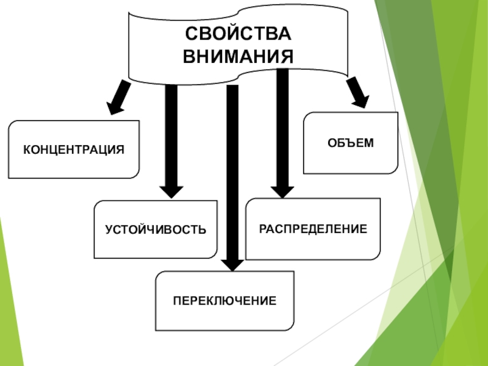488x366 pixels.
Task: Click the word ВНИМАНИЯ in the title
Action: pos(238,56)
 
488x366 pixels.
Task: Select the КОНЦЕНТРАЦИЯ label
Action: pos(74,149)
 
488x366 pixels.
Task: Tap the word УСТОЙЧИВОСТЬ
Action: pos(156,230)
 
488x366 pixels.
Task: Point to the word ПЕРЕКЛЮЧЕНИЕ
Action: pos(224,301)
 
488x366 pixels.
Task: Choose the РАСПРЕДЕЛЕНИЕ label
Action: pos(313,229)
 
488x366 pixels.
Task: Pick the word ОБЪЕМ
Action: pos(350,143)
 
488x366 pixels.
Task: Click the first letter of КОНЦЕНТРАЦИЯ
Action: pos(27,149)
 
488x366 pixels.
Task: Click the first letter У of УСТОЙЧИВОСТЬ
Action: pos(109,230)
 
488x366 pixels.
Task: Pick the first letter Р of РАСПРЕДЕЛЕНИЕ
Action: pos(263,229)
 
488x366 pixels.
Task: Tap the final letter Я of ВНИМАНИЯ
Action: pos(286,56)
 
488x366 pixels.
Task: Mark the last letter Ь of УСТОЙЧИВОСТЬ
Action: pos(203,230)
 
